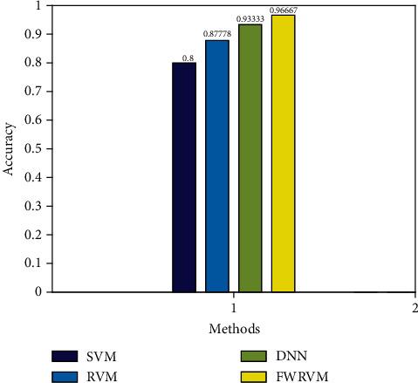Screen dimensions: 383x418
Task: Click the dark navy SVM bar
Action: tap(184, 177)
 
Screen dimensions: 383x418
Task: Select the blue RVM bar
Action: tap(217, 166)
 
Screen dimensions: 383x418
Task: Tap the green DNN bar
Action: tap(250, 158)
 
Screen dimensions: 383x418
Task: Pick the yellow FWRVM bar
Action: tap(284, 154)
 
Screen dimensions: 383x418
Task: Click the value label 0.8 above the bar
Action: tap(187, 58)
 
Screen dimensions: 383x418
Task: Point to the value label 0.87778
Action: tap(217, 35)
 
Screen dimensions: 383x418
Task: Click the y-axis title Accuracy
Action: tap(9, 149)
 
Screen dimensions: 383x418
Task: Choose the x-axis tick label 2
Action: tap(414, 308)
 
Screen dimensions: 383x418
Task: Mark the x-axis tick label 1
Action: tap(234, 308)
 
